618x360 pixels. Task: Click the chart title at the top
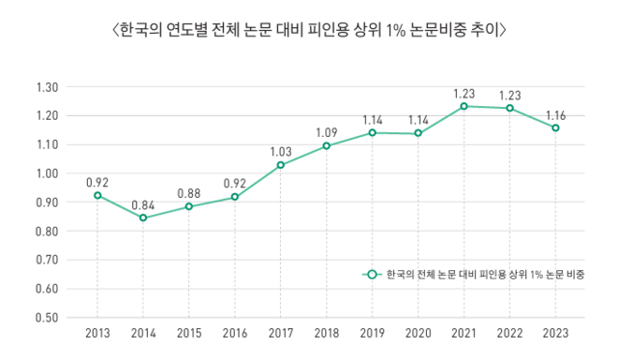[x=309, y=30]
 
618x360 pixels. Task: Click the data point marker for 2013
[x=97, y=195]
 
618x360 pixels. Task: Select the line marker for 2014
[x=143, y=218]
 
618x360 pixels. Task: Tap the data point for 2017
[x=281, y=165]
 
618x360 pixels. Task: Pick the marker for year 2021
[x=464, y=106]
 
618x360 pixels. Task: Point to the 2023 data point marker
[x=556, y=127]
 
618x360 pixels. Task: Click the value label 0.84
[x=143, y=203]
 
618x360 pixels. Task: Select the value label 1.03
[x=281, y=151]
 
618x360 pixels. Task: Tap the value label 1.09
[x=326, y=131]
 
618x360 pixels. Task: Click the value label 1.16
[x=556, y=113]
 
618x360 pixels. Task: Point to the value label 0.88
[x=188, y=192]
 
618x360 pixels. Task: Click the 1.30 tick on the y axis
[x=46, y=88]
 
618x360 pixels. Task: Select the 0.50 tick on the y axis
[x=46, y=318]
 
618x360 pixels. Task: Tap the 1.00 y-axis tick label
[x=46, y=174]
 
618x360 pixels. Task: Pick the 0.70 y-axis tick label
[x=46, y=261]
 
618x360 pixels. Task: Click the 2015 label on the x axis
[x=188, y=333]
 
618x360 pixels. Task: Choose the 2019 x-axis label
[x=373, y=333]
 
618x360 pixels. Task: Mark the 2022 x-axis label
[x=510, y=333]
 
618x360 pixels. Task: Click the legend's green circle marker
[x=369, y=274]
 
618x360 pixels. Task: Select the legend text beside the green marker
[x=477, y=274]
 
